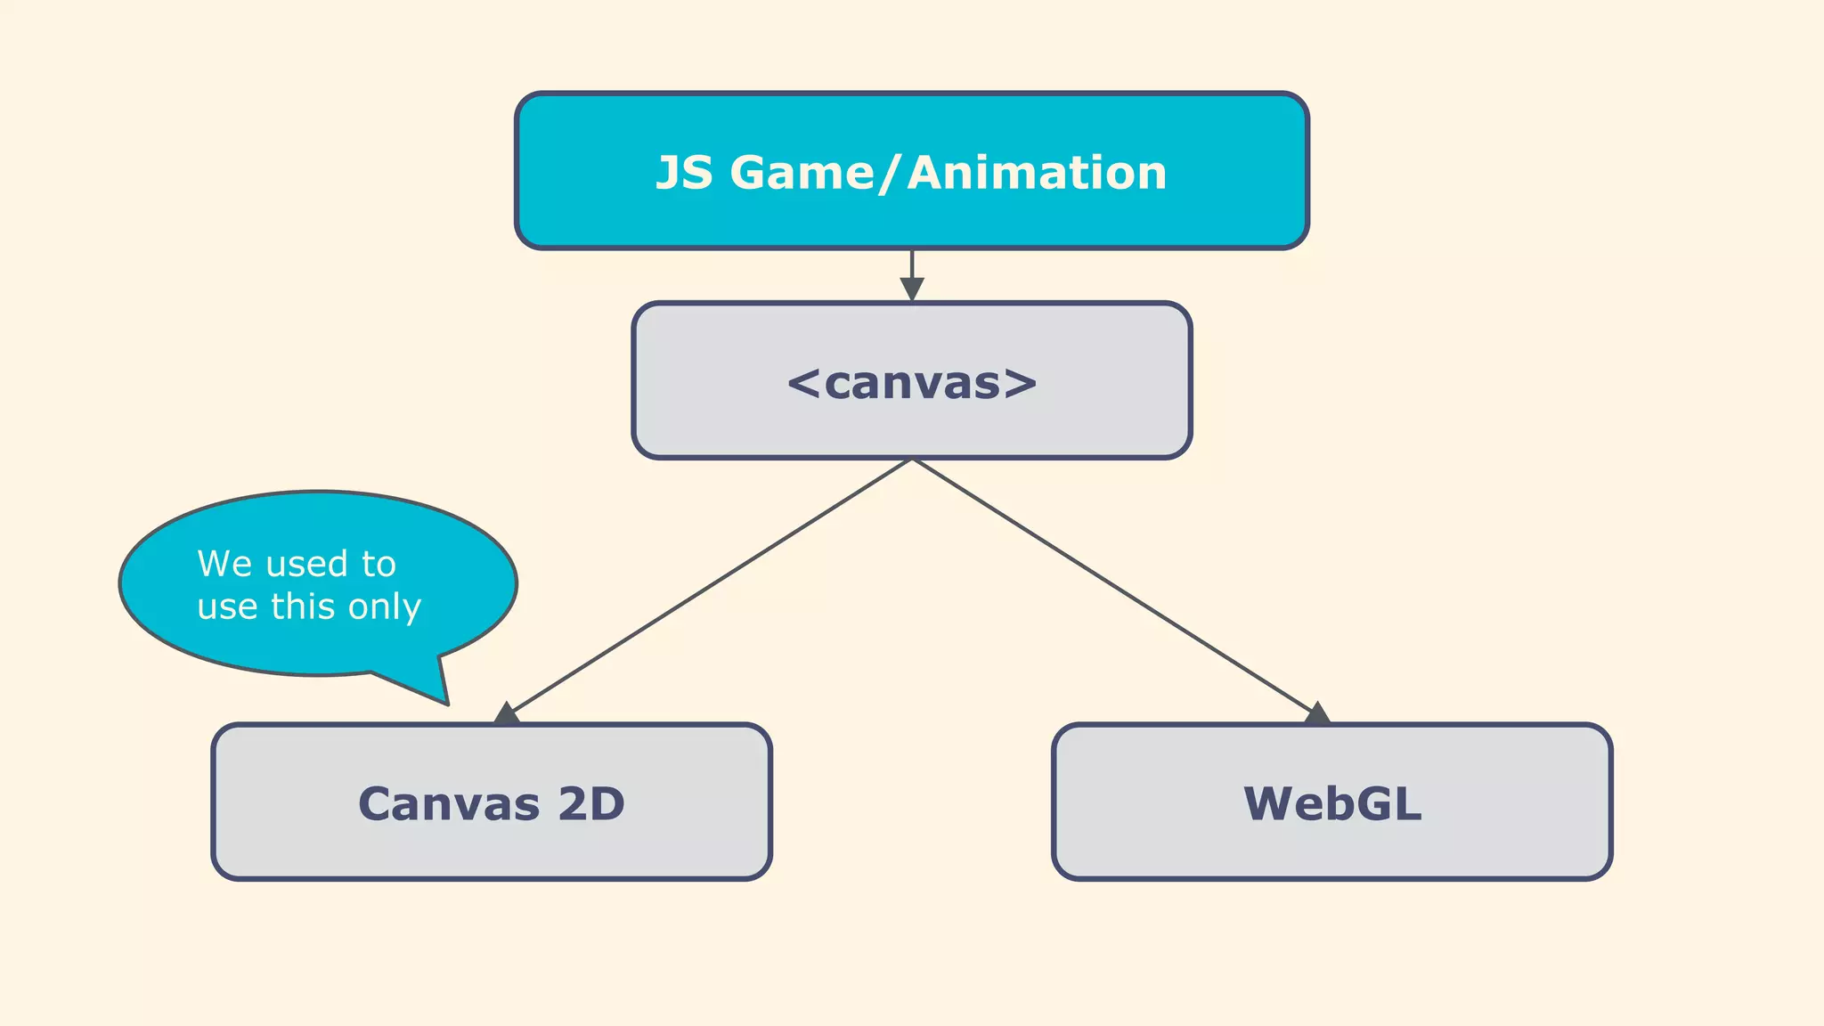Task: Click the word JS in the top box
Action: pos(684,173)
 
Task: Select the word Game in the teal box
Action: pos(802,173)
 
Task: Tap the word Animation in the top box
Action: pos(1037,173)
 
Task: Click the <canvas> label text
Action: pos(912,383)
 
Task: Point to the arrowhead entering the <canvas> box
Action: pos(912,289)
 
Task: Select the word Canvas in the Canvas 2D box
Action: pos(449,804)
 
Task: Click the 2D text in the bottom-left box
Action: pos(591,804)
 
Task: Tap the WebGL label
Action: pos(1332,803)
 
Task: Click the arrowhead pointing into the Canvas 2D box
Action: pos(507,713)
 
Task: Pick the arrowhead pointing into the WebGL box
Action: pos(1316,713)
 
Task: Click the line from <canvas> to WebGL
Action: pos(1113,585)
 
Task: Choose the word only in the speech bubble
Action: pos(385,607)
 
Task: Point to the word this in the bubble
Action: pos(303,607)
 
